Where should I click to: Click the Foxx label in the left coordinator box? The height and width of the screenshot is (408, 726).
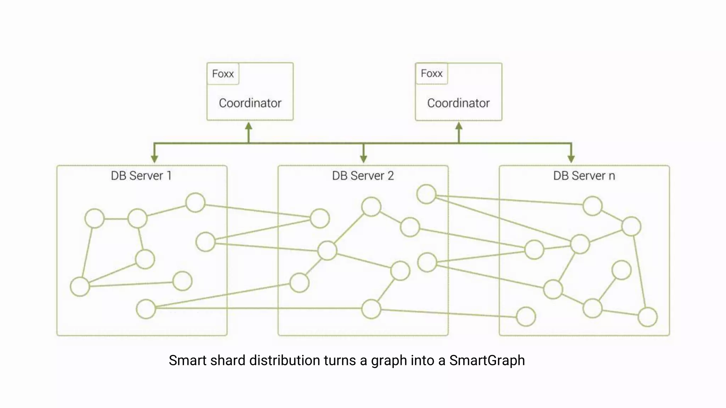coord(223,74)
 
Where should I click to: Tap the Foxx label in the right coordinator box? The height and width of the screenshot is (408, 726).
coord(431,73)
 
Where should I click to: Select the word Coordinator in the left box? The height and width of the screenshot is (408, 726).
coord(250,103)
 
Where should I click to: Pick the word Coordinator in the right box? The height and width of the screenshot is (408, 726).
coord(458,103)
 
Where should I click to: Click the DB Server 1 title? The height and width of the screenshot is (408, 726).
coord(141,176)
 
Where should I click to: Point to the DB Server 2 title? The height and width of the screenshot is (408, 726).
coord(363,176)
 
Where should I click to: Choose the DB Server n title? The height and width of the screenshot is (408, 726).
coord(584,176)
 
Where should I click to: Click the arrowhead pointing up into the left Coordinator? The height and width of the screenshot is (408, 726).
coord(249,126)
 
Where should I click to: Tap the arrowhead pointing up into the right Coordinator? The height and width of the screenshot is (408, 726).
coord(459,126)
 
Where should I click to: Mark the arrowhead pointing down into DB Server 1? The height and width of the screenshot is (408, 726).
coord(154,159)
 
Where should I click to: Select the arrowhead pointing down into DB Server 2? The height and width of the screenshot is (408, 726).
coord(363,159)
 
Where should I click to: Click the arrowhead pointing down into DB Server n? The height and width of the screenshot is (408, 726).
coord(571,159)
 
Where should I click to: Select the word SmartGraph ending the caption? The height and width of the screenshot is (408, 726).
coord(487,361)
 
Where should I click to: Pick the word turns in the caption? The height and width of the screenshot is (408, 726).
coord(340,361)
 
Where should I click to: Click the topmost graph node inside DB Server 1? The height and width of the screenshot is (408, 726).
coord(195,203)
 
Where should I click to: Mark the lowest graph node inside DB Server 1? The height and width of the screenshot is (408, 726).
coord(146,309)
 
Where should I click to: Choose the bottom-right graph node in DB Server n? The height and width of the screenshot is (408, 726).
coord(648,317)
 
